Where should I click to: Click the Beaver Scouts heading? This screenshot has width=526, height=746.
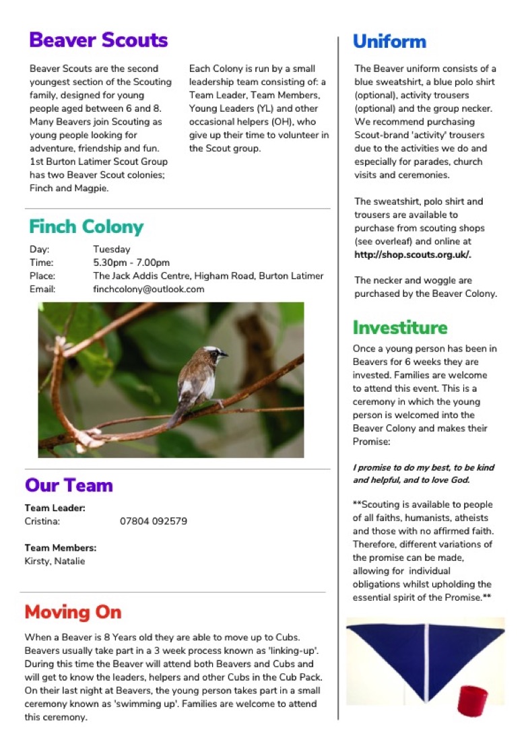pyautogui.click(x=98, y=40)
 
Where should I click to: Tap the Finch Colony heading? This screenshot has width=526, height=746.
pyautogui.click(x=86, y=226)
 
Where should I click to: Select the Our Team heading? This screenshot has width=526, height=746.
pyautogui.click(x=69, y=485)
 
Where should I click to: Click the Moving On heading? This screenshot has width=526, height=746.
pyautogui.click(x=73, y=612)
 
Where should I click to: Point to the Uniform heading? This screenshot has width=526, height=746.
pyautogui.click(x=389, y=42)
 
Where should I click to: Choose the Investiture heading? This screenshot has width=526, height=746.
pyautogui.click(x=399, y=328)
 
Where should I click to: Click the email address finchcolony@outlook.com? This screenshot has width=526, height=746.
pyautogui.click(x=148, y=289)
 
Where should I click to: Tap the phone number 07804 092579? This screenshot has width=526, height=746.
pyautogui.click(x=154, y=521)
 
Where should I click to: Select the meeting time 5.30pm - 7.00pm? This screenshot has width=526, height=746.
pyautogui.click(x=131, y=263)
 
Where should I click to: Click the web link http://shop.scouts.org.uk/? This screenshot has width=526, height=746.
pyautogui.click(x=413, y=255)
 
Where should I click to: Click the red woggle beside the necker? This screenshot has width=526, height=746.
pyautogui.click(x=471, y=700)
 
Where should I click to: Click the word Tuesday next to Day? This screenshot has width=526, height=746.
pyautogui.click(x=112, y=249)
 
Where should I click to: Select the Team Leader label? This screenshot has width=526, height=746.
pyautogui.click(x=55, y=508)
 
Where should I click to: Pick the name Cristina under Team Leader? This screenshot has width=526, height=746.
pyautogui.click(x=42, y=521)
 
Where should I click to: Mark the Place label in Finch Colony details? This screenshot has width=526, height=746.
pyautogui.click(x=42, y=275)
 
